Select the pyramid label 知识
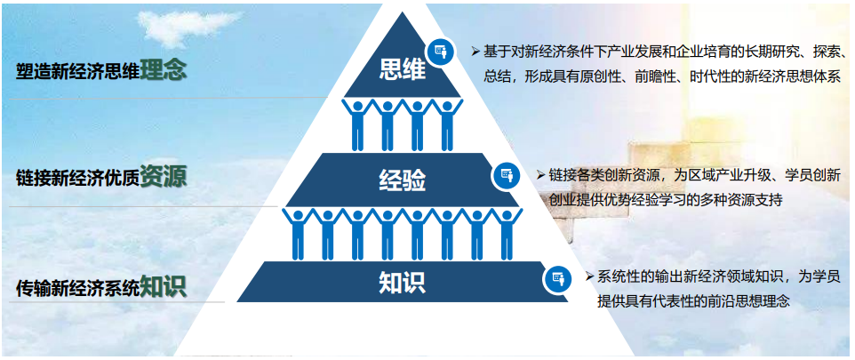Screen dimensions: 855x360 coord(403,283)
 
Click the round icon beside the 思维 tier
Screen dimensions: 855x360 coord(441,52)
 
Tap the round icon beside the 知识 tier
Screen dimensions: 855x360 coord(556,278)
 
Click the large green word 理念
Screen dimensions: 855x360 coord(163,70)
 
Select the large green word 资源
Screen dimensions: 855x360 coord(163,176)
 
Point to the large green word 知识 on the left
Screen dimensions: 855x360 coord(163,284)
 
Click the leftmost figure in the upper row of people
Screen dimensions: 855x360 coord(357,124)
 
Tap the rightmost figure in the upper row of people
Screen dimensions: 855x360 coord(447,124)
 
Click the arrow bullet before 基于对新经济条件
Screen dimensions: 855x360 coord(475,52)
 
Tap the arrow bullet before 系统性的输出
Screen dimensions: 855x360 coord(589,276)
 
